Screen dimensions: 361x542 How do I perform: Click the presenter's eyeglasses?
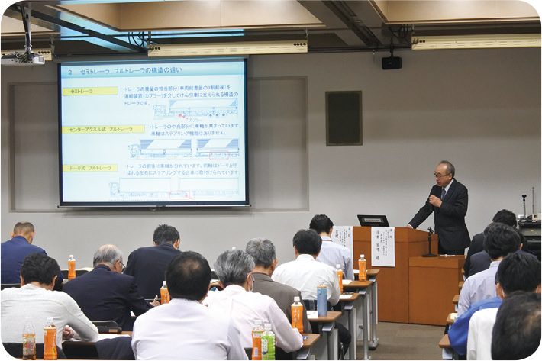(440, 175)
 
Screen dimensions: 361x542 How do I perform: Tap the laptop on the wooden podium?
(373, 221)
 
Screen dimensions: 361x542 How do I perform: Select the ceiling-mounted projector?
(21, 58)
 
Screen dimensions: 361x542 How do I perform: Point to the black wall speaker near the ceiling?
(392, 63)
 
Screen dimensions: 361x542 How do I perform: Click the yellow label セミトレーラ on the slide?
(90, 91)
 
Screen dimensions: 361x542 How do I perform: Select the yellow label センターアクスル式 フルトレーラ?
(92, 129)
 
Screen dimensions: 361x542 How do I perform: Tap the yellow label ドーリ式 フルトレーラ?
(90, 167)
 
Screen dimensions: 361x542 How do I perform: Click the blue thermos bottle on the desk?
(322, 299)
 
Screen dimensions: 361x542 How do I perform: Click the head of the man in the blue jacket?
(24, 233)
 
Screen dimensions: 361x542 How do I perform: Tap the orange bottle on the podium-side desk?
(363, 266)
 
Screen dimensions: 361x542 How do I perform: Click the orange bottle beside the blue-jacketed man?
(72, 267)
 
